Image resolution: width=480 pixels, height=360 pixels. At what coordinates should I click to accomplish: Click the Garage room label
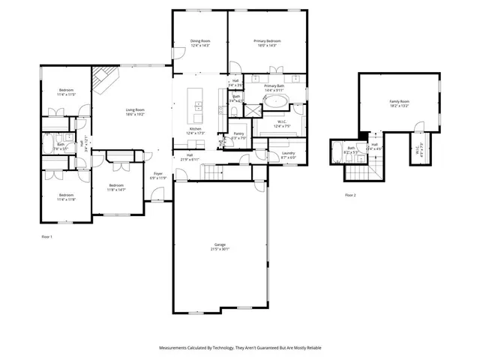pos(220,246)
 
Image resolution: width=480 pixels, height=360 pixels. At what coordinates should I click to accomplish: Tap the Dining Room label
pos(199,43)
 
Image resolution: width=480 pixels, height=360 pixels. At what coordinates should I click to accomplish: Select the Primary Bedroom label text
pos(266,43)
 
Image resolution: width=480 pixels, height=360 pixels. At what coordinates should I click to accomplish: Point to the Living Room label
pos(135,112)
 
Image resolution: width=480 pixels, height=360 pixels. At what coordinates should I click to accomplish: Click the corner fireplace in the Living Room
pos(104,76)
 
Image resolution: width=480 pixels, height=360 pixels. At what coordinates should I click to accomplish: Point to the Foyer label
pos(158,175)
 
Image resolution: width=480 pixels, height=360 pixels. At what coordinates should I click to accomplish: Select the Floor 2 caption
pos(350,195)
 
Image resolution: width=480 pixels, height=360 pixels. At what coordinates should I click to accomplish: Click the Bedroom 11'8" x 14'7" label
pos(116,187)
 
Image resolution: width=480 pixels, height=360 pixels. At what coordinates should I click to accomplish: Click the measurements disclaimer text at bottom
pos(239,348)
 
